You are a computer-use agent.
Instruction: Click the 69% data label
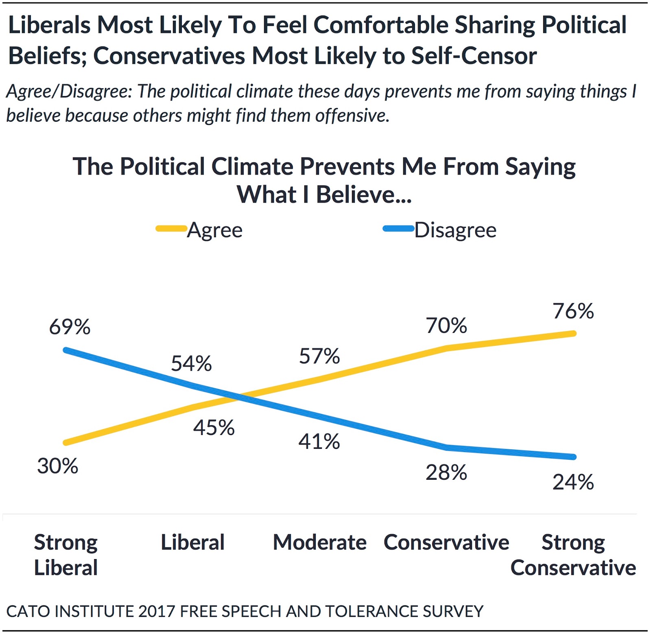[x=70, y=327]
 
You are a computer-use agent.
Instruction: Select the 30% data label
[x=57, y=466]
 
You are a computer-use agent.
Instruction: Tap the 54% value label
[x=191, y=363]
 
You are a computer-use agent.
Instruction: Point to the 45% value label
[x=214, y=428]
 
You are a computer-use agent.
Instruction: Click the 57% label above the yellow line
[x=319, y=356]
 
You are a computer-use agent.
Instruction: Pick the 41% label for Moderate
[x=319, y=441]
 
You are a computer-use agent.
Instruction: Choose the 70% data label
[x=446, y=326]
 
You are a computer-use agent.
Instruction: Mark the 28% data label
[x=446, y=472]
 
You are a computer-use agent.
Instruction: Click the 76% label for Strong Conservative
[x=573, y=311]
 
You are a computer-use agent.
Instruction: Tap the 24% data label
[x=573, y=482]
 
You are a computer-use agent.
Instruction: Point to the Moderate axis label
[x=319, y=542]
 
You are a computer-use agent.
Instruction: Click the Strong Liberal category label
[x=66, y=555]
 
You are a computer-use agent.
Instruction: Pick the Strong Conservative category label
[x=573, y=555]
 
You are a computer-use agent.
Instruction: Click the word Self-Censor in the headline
[x=474, y=56]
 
